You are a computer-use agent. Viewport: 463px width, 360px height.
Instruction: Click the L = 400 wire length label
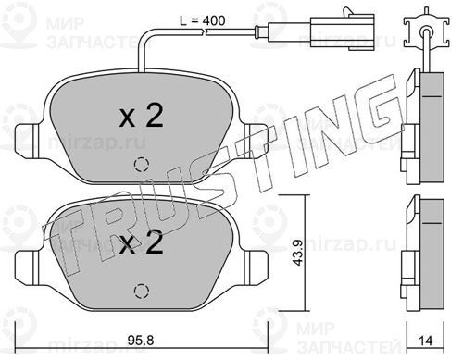(x=202, y=20)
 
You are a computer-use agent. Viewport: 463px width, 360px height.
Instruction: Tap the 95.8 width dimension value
(x=141, y=341)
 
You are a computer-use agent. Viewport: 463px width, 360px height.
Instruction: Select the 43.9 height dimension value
(x=298, y=253)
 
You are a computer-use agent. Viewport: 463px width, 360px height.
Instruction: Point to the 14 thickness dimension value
(x=426, y=341)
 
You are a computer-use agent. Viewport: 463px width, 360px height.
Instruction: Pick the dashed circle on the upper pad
(x=142, y=165)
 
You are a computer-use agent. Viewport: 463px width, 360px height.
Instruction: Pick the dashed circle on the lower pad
(x=142, y=291)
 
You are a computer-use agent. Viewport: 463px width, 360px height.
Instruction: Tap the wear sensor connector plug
(x=343, y=31)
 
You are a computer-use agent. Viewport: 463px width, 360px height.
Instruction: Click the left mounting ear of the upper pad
(x=28, y=141)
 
